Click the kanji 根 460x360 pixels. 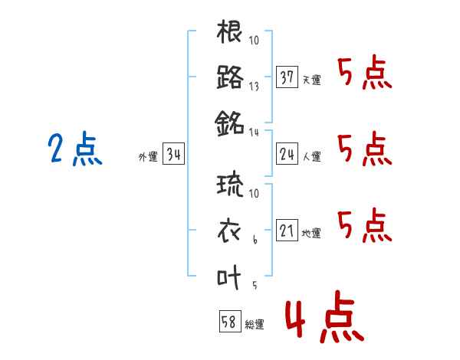coord(229,31)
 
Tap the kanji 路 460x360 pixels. coord(230,77)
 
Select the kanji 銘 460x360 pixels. coord(229,123)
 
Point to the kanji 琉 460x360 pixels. coord(230,185)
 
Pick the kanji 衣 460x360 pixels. coord(229,231)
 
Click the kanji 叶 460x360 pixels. coord(228,277)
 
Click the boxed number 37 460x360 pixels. coord(287,77)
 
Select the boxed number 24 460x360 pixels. coord(287,154)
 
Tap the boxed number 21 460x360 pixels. coord(287,230)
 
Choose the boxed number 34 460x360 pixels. coord(173,154)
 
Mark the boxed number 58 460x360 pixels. coord(230,321)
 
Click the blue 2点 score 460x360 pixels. coord(75,149)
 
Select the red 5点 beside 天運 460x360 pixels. coord(365,72)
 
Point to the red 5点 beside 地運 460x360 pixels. coord(365,225)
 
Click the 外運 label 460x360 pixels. coord(148,157)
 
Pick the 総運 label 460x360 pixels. coord(255,325)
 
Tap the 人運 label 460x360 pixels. coord(312,156)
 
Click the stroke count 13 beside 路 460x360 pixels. coord(254,87)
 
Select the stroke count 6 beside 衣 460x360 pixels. coord(255,240)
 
